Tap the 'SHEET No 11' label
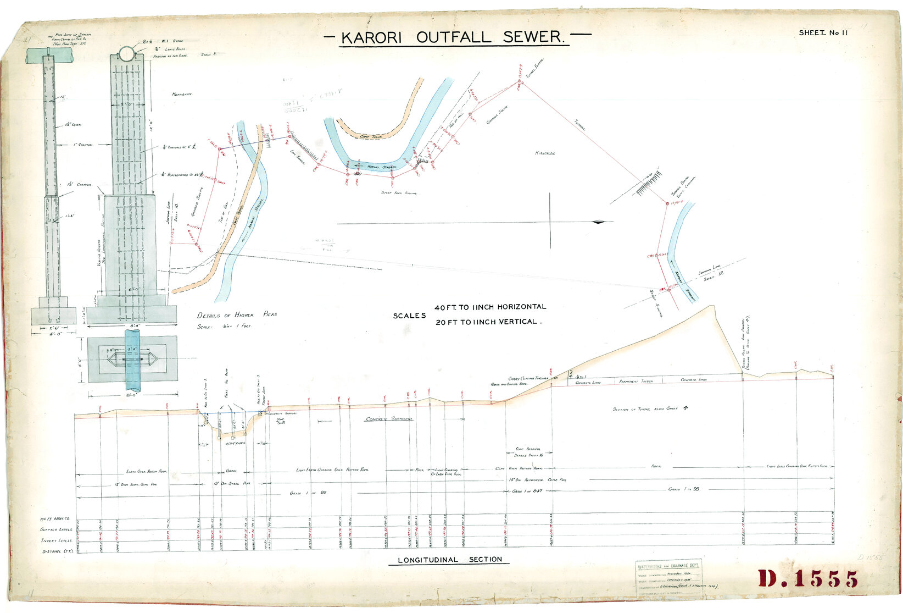point(823,32)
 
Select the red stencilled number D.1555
point(808,579)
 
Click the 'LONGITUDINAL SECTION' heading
point(449,560)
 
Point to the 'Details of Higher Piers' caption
point(237,315)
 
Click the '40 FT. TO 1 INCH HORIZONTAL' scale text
point(490,307)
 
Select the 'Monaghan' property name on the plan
point(182,94)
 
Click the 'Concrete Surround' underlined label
point(389,419)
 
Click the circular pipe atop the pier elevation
point(126,54)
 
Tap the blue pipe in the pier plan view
point(132,360)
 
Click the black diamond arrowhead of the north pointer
point(598,222)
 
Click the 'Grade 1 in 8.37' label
point(527,490)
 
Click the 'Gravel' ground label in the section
point(232,471)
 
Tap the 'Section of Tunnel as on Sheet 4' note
point(650,408)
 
